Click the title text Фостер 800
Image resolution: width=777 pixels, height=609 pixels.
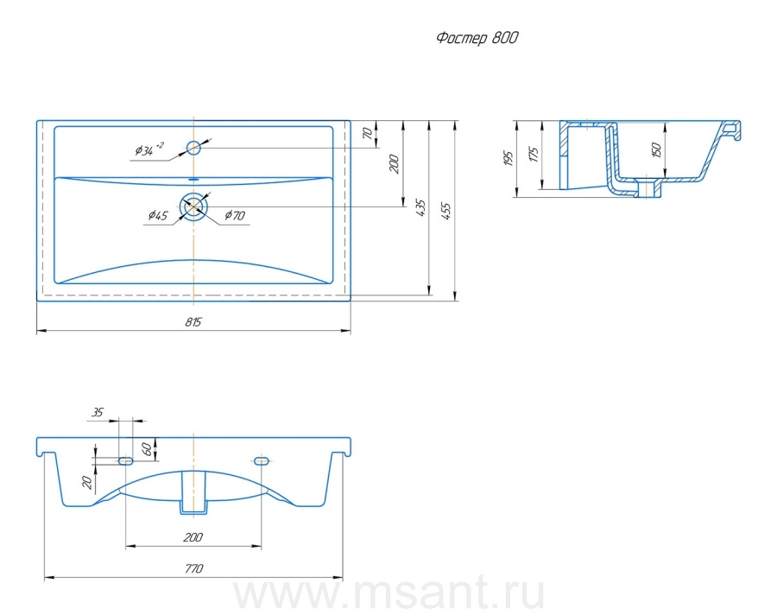477,38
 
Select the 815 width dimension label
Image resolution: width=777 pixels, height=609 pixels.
193,322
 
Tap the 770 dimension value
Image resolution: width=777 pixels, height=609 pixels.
193,568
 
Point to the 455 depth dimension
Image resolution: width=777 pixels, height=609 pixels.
446,212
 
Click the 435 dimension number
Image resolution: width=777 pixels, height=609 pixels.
420,207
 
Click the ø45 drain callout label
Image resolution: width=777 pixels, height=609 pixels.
158,215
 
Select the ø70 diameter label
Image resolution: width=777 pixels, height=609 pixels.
234,215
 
